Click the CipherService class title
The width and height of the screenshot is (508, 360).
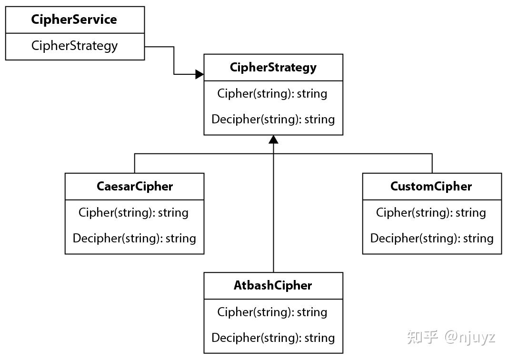(74, 20)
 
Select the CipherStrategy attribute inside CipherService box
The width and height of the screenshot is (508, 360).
(74, 46)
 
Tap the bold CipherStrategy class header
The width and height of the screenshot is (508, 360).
(273, 67)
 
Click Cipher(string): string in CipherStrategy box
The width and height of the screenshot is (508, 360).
(272, 93)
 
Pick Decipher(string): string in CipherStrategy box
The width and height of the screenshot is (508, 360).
(273, 119)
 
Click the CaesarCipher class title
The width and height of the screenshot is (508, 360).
(135, 186)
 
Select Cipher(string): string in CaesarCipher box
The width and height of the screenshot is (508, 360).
(134, 212)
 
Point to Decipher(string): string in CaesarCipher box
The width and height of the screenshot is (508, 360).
(134, 238)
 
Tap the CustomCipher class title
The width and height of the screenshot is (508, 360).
(431, 186)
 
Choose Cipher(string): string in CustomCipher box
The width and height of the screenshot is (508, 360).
(431, 212)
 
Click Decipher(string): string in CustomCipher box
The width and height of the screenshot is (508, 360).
(432, 238)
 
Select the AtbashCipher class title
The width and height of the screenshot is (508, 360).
(273, 286)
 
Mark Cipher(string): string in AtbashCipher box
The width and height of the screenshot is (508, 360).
(272, 312)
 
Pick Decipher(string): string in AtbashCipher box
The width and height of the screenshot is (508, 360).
(273, 338)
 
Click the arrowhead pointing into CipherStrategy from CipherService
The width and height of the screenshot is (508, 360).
(200, 74)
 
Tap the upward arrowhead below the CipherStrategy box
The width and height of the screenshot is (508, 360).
(273, 140)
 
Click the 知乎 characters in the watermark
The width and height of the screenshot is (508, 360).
(422, 337)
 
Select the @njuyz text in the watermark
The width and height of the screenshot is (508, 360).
(470, 337)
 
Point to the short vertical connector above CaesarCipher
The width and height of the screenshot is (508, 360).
(135, 163)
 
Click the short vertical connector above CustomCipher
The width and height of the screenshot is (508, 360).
(432, 163)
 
